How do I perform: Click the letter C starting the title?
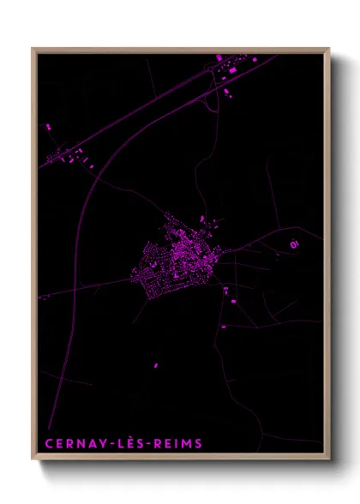(46, 443)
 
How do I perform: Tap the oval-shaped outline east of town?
(294, 244)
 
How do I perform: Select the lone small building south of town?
(157, 366)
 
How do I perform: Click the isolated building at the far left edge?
(48, 127)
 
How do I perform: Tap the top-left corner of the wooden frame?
(33, 49)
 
